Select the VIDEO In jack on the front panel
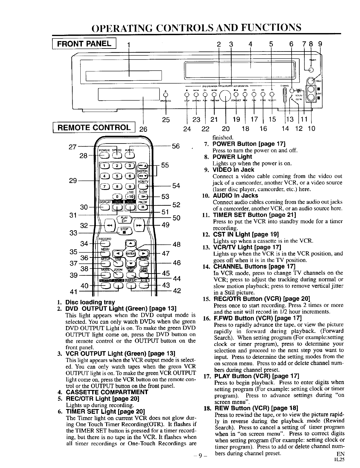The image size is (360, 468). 312,81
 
